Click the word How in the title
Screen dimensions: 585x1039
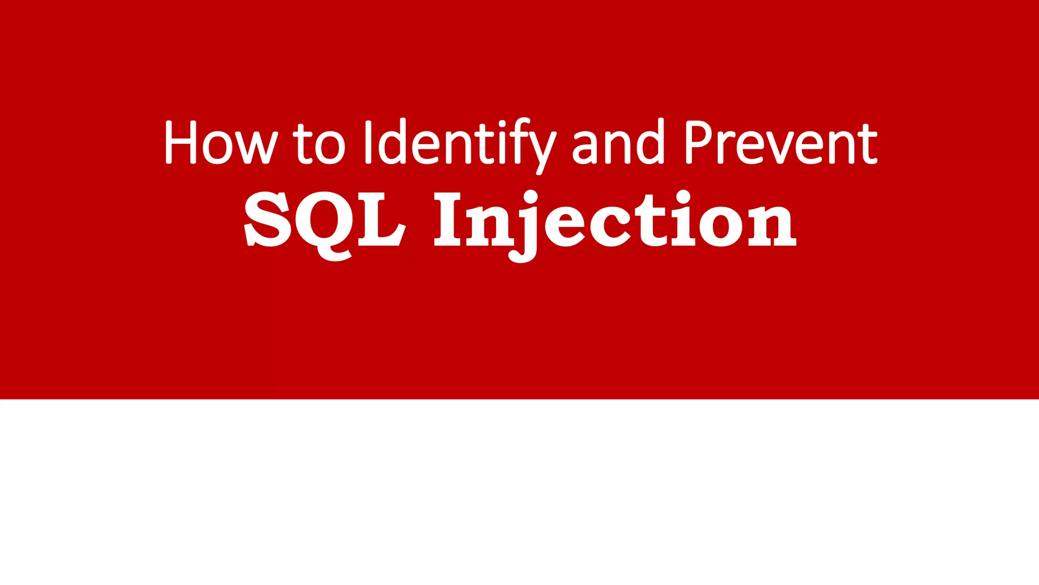[221, 143]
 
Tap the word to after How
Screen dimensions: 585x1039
[319, 144]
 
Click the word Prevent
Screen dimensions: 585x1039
[781, 143]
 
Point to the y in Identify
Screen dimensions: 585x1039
[542, 150]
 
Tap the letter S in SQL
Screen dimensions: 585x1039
[267, 219]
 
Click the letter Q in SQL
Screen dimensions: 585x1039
[329, 223]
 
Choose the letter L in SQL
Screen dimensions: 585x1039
[382, 219]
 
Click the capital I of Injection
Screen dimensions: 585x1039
[448, 219]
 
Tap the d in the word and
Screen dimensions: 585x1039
[650, 143]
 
